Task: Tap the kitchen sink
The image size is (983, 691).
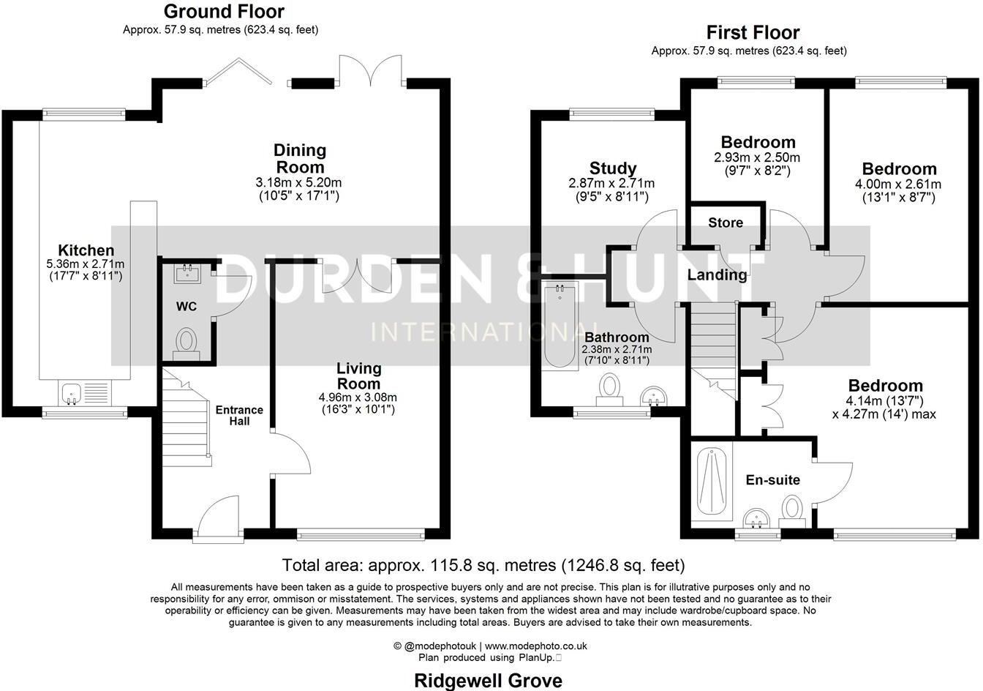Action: coord(73,394)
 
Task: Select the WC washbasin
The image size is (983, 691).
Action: coord(185,274)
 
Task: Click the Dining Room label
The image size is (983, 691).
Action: coord(300,159)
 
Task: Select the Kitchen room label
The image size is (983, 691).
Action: coord(86,250)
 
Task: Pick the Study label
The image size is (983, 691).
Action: coord(612,168)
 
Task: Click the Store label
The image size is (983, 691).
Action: coord(725,223)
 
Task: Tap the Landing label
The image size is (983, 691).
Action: coord(717,275)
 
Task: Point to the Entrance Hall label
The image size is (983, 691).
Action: coord(239,415)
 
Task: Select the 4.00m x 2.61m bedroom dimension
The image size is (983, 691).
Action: coord(899,184)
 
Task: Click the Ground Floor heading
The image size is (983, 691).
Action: coord(223,12)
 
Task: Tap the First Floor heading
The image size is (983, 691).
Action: coord(753,33)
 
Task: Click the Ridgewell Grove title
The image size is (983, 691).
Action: coord(489,681)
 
